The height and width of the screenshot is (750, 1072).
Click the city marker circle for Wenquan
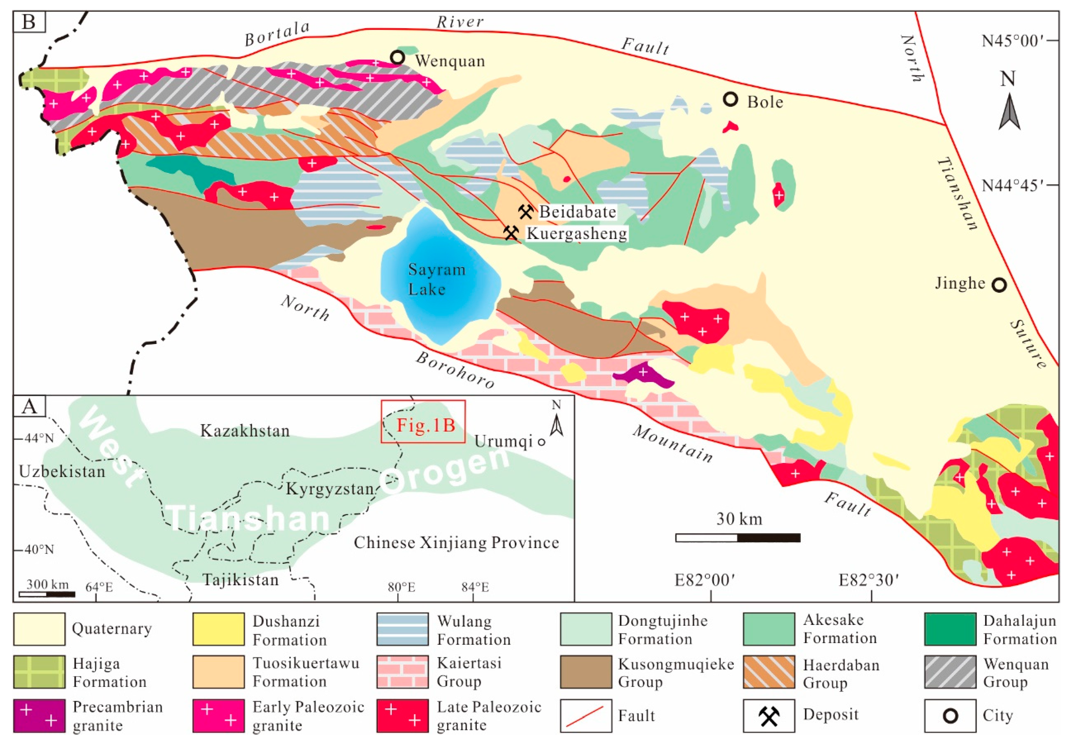click(397, 58)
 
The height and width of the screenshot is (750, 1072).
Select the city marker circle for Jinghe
click(999, 285)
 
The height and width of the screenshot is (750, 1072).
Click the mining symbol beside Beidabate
click(526, 212)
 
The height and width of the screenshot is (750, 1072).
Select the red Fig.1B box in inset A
click(423, 421)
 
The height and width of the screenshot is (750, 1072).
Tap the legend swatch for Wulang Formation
click(402, 629)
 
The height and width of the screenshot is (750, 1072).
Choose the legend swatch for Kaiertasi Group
click(402, 672)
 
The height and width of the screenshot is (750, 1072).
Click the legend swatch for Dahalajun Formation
click(950, 629)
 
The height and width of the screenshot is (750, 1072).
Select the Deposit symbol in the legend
click(769, 715)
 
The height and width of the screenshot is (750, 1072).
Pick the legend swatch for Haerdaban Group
click(769, 672)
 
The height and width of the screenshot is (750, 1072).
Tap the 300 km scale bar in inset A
click(47, 594)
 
